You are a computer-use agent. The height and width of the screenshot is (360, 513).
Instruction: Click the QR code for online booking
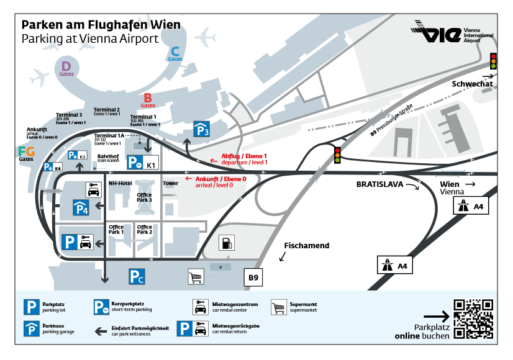pos(473,319)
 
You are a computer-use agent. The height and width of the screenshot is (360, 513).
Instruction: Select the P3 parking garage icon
pos(201,129)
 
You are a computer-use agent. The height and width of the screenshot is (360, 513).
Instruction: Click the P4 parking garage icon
pos(81,208)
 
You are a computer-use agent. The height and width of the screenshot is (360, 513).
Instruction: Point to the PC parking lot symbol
pos(137,276)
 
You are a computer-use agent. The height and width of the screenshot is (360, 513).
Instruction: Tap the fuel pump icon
pos(227,243)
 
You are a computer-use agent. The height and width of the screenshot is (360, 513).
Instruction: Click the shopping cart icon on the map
pos(196,276)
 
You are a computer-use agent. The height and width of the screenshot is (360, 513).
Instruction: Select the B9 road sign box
pos(253,277)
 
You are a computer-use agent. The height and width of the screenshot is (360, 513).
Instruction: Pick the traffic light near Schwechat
pos(494,61)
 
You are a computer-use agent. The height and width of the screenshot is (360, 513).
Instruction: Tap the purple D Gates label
pos(66,67)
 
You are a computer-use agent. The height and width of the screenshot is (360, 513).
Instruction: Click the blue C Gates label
pos(175,54)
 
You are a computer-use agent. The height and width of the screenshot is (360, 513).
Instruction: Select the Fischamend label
pos(306,246)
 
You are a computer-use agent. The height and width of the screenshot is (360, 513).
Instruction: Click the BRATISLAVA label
pos(380,184)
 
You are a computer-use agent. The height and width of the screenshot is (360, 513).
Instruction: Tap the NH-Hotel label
pos(120,184)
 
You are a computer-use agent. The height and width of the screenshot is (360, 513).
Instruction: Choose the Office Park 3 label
pos(144,197)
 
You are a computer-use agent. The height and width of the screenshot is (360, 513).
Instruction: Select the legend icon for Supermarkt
pos(279,307)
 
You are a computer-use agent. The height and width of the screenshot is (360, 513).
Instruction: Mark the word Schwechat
pos(472,84)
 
